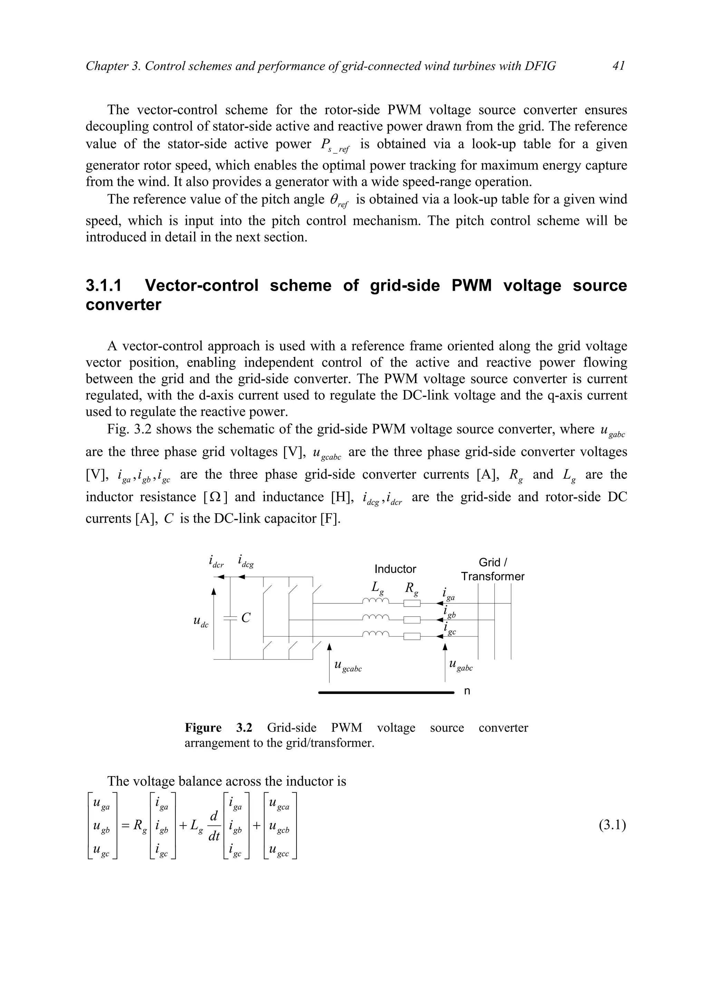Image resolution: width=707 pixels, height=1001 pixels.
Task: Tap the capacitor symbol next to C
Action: point(230,618)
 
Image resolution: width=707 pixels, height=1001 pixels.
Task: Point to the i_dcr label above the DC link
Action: point(216,562)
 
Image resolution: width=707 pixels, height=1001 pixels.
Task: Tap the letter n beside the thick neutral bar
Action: point(467,692)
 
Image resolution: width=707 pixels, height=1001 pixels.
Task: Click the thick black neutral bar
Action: point(386,692)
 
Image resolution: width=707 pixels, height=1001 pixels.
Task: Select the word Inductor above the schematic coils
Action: point(395,569)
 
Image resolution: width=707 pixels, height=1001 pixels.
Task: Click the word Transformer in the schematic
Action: point(493,576)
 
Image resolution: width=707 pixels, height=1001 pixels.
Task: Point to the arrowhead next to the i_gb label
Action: point(439,620)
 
